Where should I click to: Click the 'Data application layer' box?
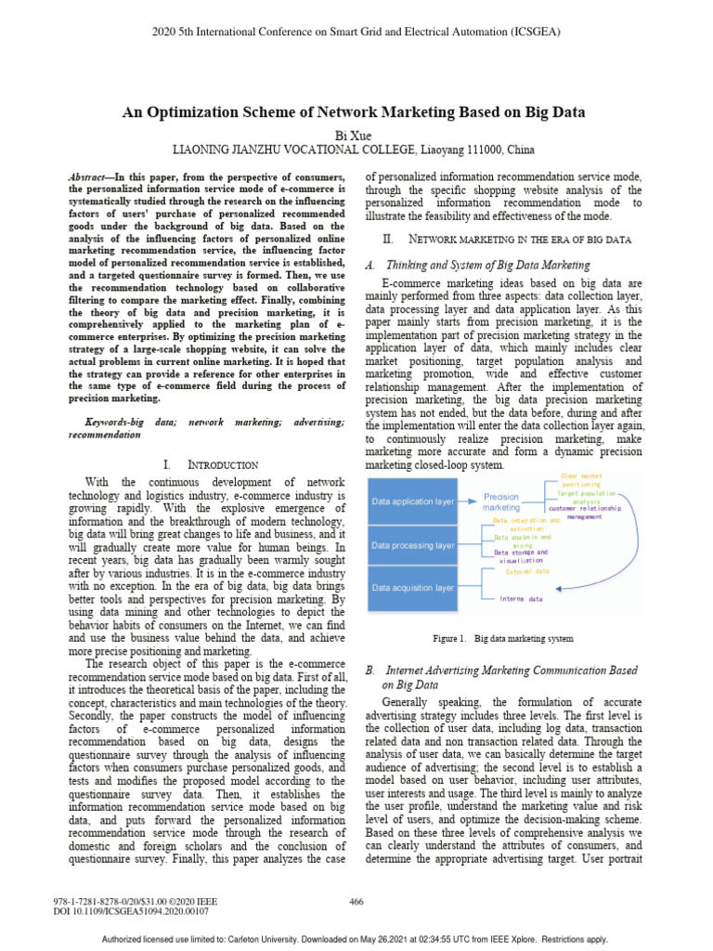coord(413,502)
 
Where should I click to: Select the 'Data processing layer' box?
coord(413,545)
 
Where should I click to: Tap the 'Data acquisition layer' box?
coord(413,588)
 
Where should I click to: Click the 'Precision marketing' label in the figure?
coord(501,502)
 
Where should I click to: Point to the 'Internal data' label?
coord(523,599)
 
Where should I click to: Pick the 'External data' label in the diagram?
coord(526,572)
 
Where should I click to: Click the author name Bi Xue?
coord(356,135)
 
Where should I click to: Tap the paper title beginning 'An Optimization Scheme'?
coord(356,112)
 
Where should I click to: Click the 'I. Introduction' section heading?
coord(203,463)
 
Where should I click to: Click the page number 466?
coord(356,901)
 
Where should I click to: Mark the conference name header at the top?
coord(356,31)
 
